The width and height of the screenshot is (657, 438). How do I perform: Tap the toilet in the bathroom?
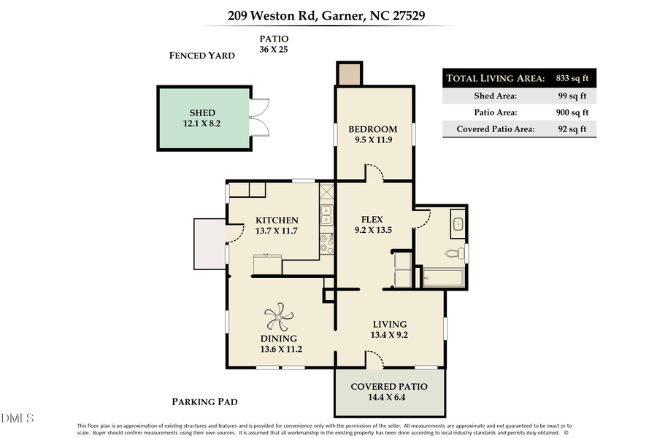[454, 253]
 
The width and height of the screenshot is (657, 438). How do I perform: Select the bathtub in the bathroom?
[442, 277]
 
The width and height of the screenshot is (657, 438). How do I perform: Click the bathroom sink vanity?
[457, 223]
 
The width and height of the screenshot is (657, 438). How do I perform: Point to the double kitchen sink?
[326, 215]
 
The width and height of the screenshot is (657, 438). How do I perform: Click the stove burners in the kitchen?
[326, 243]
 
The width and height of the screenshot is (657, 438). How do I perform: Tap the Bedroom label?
[372, 129]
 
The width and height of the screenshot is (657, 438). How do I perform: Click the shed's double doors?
[258, 118]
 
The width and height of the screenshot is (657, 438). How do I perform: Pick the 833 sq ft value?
[572, 79]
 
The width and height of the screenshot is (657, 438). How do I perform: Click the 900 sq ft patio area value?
[572, 112]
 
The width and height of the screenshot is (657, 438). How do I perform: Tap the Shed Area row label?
[497, 96]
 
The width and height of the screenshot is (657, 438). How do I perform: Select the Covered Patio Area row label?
[496, 129]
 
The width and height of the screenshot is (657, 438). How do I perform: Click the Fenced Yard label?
[201, 55]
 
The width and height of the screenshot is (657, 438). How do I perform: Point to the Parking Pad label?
[204, 401]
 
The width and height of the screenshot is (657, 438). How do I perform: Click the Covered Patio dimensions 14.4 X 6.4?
[388, 398]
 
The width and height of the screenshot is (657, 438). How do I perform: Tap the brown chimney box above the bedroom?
[348, 73]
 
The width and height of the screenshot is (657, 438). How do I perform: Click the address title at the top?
[328, 14]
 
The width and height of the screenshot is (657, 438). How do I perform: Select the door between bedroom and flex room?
[374, 174]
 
